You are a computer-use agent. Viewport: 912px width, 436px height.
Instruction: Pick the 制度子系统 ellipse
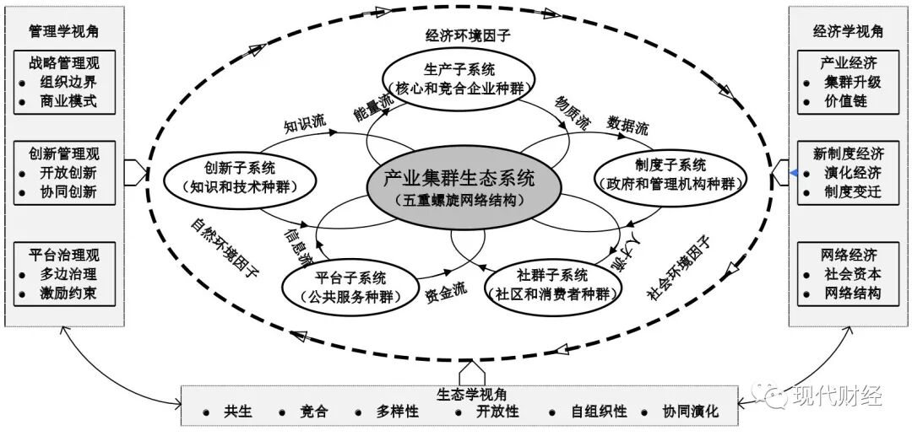pos(670,174)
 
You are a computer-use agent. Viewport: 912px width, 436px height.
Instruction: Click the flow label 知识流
pos(304,126)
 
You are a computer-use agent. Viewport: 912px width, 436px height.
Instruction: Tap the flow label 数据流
pos(628,127)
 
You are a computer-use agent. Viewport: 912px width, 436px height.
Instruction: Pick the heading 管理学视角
pos(63,31)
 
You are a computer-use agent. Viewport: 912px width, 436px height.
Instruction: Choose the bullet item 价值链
pos(846,102)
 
